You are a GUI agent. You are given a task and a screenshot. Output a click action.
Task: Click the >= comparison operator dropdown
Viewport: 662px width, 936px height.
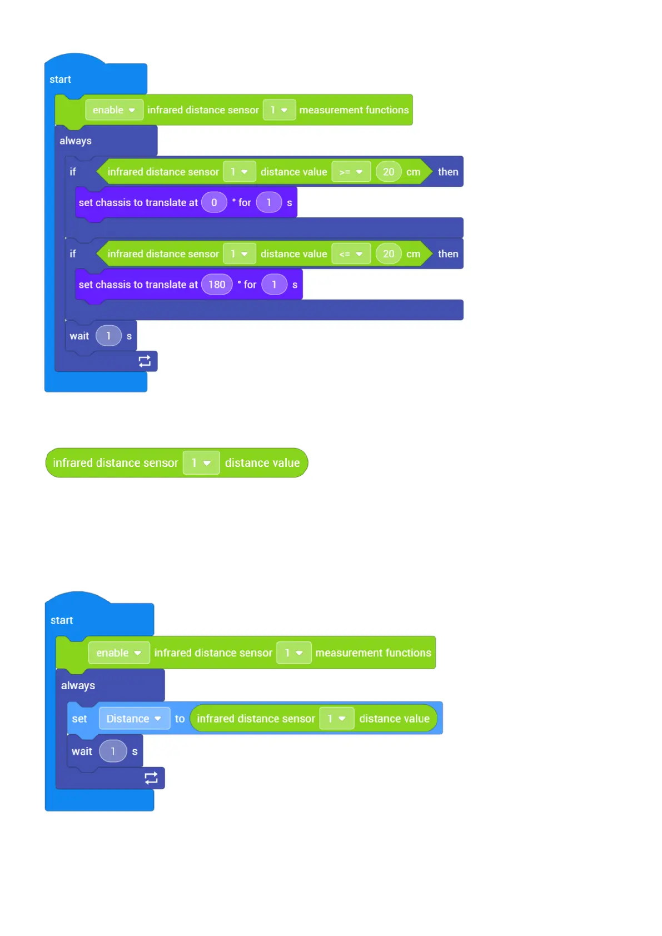[x=351, y=172]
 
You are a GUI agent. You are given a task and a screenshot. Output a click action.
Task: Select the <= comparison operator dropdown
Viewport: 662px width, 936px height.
[x=351, y=254]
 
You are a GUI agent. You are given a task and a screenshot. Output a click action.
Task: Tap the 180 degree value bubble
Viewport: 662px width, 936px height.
[x=217, y=285]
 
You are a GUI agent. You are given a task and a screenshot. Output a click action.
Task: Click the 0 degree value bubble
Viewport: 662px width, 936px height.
[x=214, y=203]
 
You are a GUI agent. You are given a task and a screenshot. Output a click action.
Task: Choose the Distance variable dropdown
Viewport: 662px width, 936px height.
[x=134, y=719]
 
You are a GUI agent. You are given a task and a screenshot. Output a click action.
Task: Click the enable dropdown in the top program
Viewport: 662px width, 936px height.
[x=114, y=110]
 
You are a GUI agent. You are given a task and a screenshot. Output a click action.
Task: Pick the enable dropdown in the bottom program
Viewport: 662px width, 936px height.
[x=118, y=653]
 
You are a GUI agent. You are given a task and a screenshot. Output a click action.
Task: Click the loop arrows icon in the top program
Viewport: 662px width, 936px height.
[x=145, y=361]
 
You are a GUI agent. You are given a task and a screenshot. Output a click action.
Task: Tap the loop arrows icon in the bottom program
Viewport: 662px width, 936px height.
[x=151, y=778]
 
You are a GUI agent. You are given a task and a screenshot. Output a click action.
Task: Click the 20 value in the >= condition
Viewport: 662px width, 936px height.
[x=389, y=172]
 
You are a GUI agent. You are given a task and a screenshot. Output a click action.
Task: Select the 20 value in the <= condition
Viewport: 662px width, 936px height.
[x=389, y=254]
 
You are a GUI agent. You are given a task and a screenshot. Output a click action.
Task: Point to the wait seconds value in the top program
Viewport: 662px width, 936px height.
[x=108, y=336]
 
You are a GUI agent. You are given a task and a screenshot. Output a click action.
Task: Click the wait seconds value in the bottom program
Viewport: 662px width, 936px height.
[x=113, y=751]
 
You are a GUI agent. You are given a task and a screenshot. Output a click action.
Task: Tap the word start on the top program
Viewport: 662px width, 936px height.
[x=60, y=79]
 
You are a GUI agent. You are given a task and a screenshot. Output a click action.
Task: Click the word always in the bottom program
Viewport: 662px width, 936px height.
[x=78, y=686]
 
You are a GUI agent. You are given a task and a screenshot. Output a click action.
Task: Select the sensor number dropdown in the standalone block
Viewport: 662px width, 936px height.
[x=201, y=463]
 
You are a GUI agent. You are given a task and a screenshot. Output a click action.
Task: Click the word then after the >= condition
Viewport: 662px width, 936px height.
[x=448, y=172]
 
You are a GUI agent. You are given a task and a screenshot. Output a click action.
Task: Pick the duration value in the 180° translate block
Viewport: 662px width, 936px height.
[x=274, y=285]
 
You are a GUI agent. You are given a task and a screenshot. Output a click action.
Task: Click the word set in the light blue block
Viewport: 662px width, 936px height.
[x=79, y=719]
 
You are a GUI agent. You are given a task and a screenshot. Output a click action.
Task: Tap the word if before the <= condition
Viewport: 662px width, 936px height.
[x=73, y=254]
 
